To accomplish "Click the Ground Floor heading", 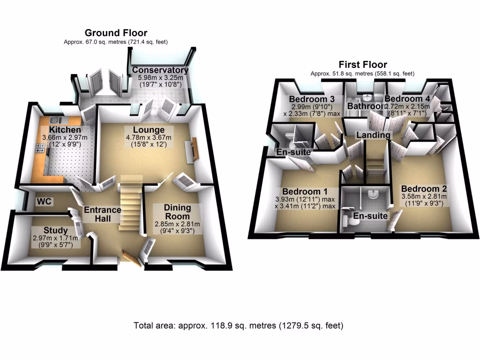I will [116, 33].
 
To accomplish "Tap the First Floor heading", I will [363, 65].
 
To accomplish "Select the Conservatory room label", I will [160, 70].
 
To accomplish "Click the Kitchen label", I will [65, 130].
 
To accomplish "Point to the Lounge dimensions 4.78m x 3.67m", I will [149, 138].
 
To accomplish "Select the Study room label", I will [55, 230].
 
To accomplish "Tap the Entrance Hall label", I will [103, 214].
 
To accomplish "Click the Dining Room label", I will [177, 212].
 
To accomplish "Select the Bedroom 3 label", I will [311, 99].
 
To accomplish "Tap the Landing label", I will [373, 135].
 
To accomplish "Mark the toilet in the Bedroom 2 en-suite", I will [349, 221].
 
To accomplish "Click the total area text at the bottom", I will [239, 325].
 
